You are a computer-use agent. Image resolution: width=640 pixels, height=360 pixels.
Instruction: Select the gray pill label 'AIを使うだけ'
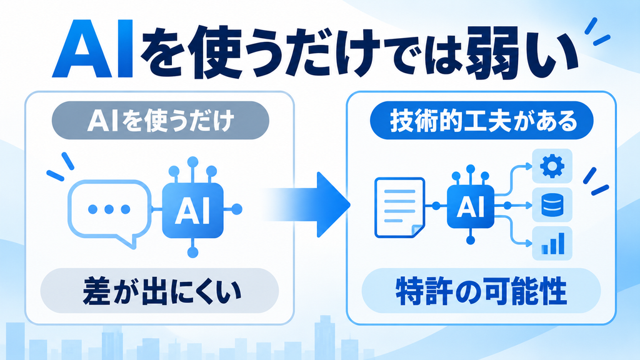click(x=161, y=121)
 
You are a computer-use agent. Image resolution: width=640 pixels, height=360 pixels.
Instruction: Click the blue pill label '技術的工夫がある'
click(x=482, y=121)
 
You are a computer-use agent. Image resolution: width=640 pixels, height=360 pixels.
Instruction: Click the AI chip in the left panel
click(x=192, y=209)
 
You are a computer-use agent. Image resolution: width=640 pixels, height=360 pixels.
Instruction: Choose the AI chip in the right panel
click(x=471, y=206)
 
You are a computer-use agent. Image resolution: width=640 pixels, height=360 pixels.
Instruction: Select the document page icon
click(x=399, y=207)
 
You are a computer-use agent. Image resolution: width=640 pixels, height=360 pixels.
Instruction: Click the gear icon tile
click(x=552, y=166)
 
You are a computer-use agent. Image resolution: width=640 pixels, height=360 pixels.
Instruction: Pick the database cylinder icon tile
click(x=552, y=205)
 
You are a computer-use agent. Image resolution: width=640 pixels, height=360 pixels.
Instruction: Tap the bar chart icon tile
click(x=552, y=243)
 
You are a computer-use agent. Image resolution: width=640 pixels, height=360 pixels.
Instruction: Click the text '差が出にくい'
click(x=161, y=292)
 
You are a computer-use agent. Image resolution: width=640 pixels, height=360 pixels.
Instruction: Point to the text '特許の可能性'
click(x=481, y=291)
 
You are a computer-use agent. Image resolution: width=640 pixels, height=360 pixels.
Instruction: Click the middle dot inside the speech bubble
click(x=109, y=209)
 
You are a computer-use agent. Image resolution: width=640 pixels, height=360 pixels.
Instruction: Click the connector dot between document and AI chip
click(x=436, y=206)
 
